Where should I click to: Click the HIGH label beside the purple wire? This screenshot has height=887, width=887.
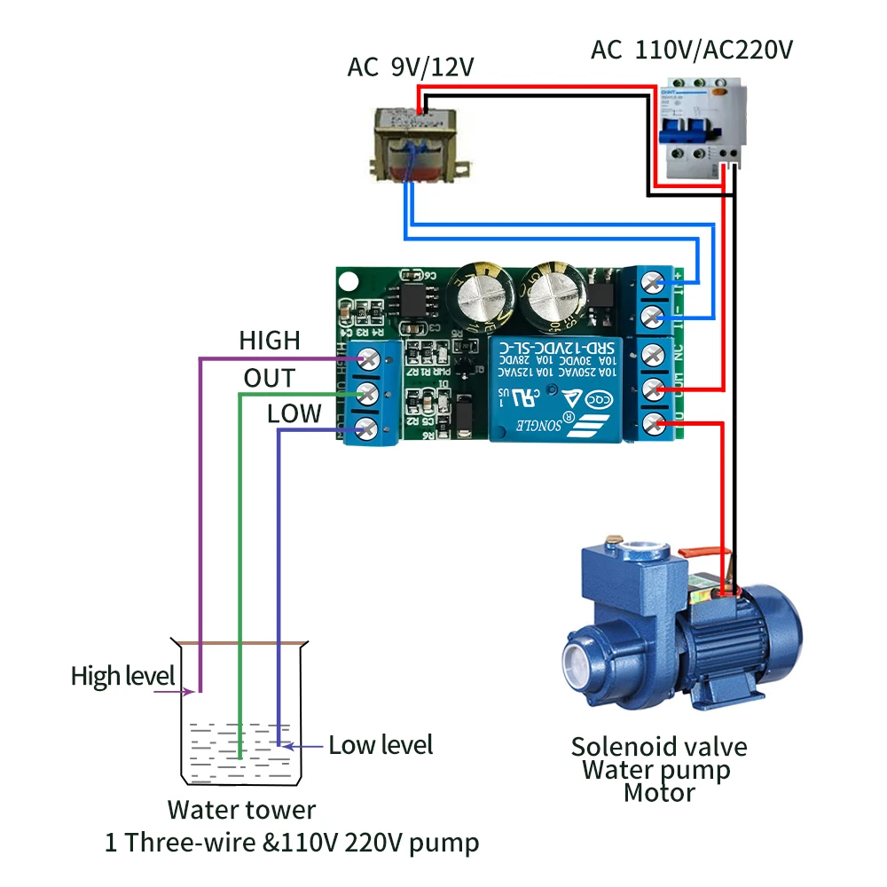270,341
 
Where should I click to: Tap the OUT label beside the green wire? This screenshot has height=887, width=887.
269,379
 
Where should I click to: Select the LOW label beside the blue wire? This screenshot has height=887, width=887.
294,414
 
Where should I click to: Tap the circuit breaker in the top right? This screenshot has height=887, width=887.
701,129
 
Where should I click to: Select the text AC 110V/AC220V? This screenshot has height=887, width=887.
692,50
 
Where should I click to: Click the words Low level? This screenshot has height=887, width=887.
381,744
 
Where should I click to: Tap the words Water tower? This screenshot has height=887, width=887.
241,810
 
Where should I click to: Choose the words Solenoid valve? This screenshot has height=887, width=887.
659,747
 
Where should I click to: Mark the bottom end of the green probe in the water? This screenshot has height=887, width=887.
239,756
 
